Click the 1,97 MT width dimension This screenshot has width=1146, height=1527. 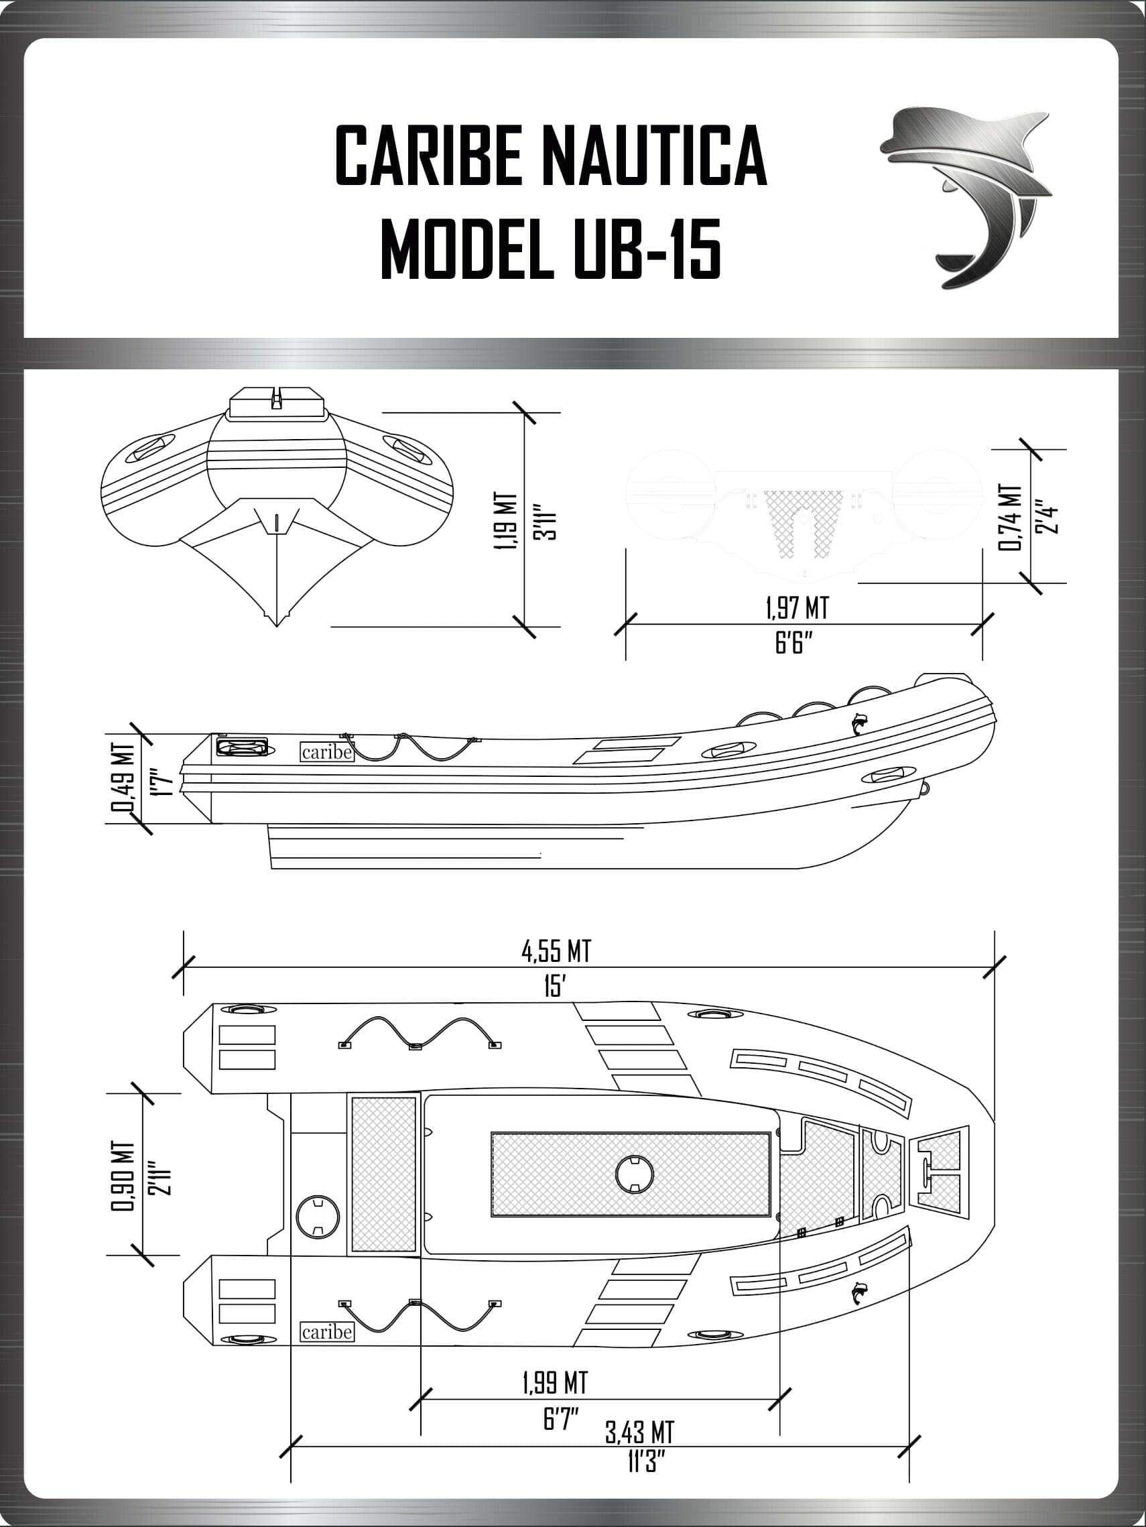[797, 608]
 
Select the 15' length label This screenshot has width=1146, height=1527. [554, 987]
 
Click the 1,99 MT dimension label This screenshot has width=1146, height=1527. [555, 1382]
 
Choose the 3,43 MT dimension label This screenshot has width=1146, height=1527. [639, 1432]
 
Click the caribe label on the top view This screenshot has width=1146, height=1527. [327, 1331]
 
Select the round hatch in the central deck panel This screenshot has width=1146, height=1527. [633, 1174]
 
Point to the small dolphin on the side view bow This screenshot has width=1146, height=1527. [859, 723]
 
